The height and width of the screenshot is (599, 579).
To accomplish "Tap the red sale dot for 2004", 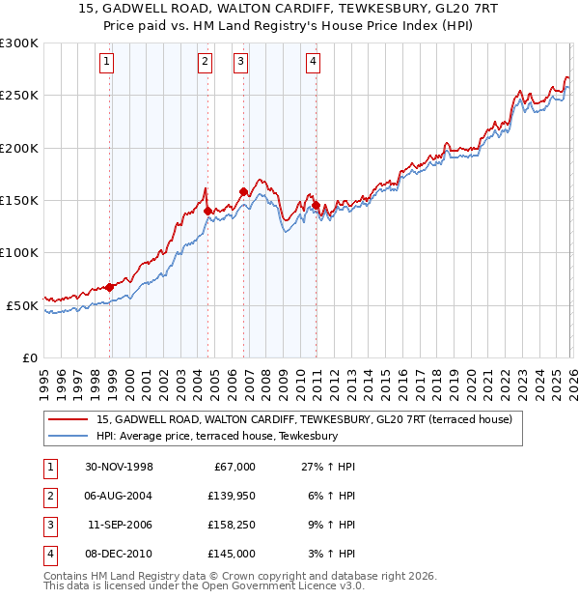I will coord(207,210).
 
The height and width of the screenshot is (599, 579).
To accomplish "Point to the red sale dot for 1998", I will coord(110,287).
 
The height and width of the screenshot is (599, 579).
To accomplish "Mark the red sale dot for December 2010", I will coord(316,205).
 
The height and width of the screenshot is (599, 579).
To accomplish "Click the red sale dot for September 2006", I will coord(243,191).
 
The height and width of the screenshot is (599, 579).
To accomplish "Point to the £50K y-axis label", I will coord(21,305).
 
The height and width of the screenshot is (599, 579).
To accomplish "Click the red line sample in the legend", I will coord(69,419).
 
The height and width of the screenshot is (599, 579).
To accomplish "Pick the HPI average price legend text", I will coord(216,436).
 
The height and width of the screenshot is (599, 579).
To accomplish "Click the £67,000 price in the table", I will coord(233,467).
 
